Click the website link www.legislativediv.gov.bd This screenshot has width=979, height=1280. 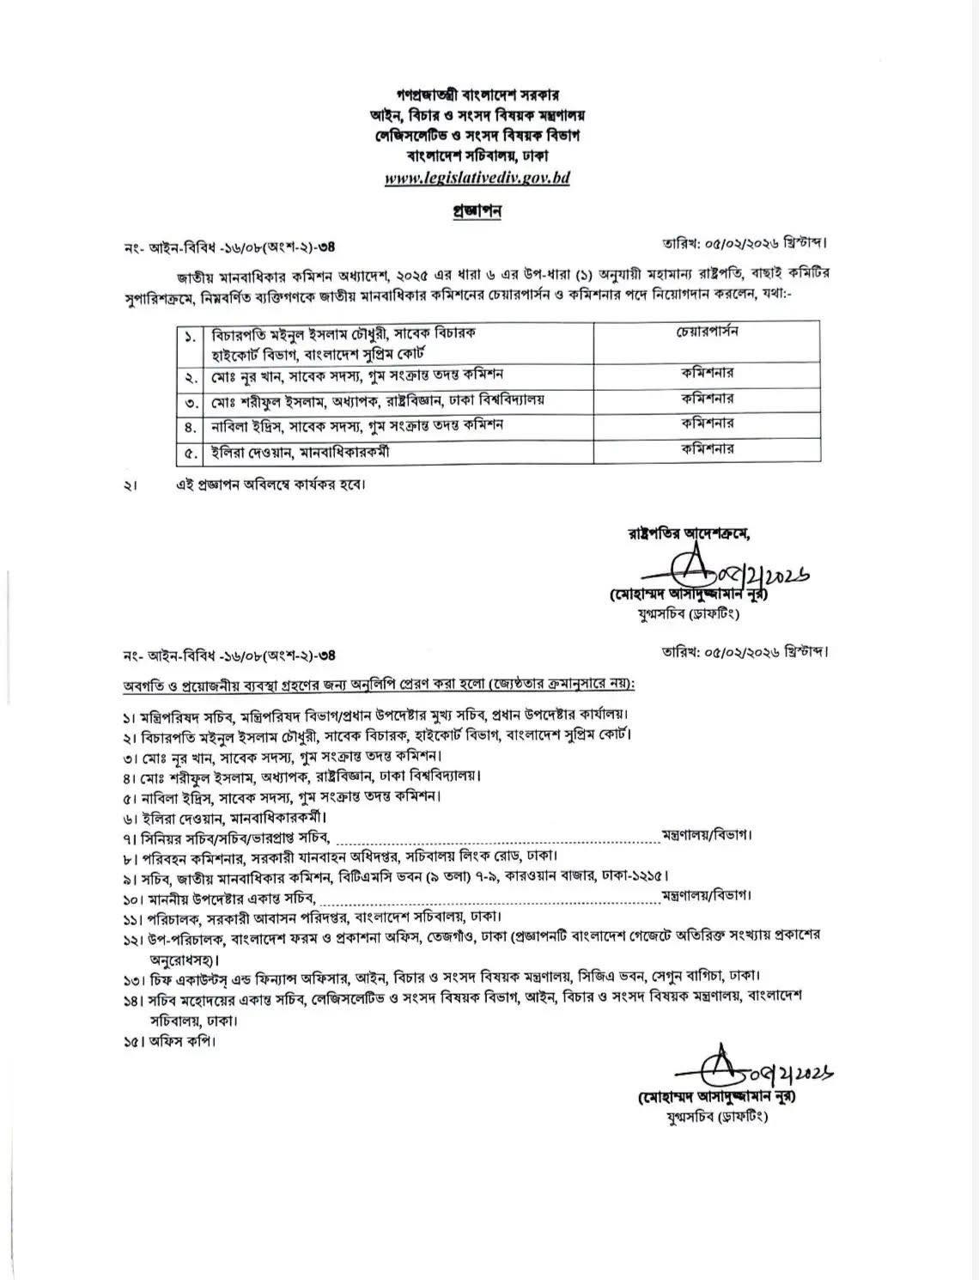coord(477,179)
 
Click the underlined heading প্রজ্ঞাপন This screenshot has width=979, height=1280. coord(477,211)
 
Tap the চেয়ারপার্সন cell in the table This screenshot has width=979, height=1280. coord(707,332)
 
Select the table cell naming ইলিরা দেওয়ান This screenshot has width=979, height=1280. coord(398,451)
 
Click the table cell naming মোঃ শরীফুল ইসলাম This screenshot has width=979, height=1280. coord(398,399)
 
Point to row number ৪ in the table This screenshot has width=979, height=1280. coord(189,425)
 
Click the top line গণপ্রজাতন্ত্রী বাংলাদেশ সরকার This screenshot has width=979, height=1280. coord(477,94)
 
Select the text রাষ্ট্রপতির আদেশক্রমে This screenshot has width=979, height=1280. coord(690,533)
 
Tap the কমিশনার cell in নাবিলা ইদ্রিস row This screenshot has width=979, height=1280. coord(707,424)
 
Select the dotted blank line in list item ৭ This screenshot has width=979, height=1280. coord(496,836)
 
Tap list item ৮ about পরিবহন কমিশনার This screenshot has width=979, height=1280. coord(344,856)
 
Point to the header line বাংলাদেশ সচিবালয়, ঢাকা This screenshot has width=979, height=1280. coord(477,157)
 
